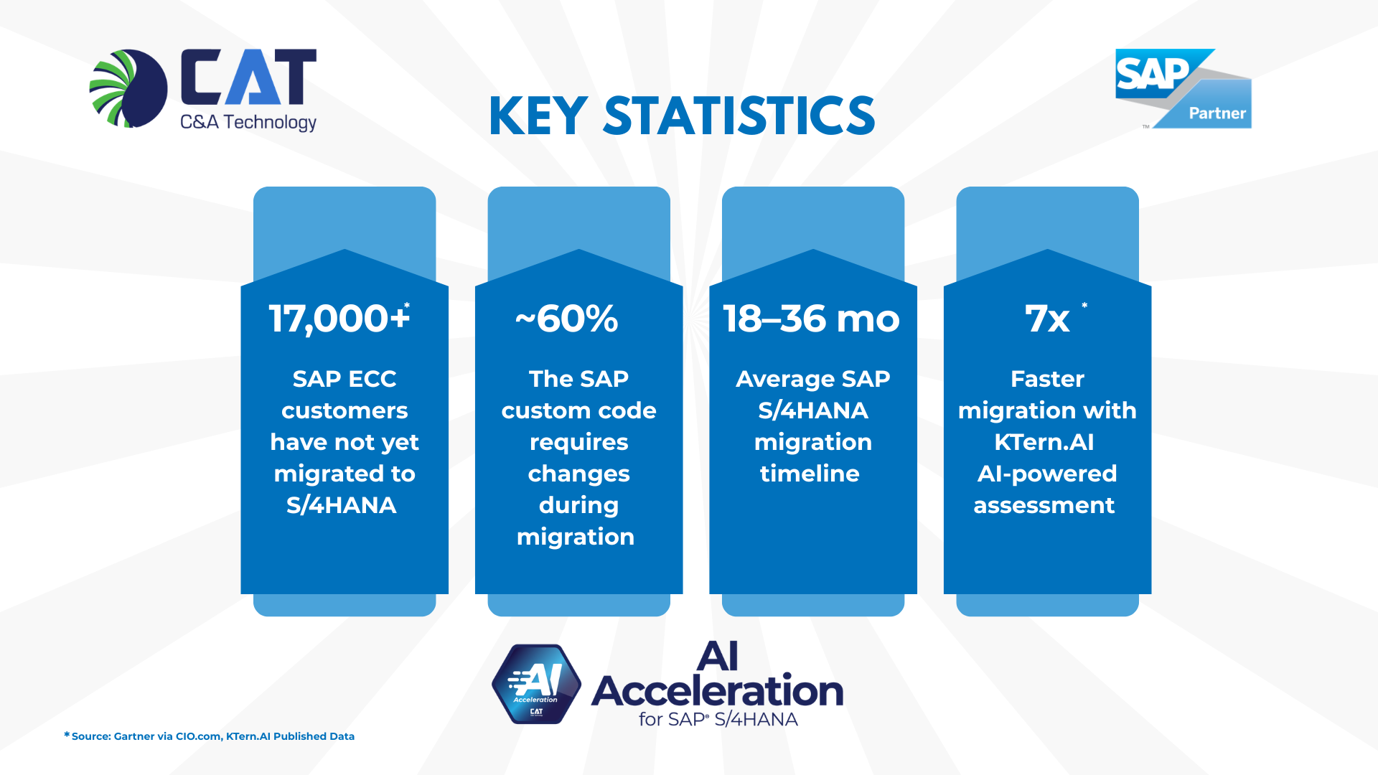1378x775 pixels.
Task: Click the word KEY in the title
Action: click(x=538, y=116)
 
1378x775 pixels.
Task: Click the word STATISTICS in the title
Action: click(x=739, y=116)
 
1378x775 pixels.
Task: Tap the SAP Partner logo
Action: click(x=1183, y=89)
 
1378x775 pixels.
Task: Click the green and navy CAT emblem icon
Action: click(x=129, y=88)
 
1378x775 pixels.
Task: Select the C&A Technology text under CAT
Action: click(x=248, y=122)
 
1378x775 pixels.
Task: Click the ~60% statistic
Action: click(x=566, y=319)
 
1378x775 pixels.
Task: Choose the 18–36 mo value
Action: click(x=811, y=319)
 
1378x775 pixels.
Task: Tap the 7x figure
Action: click(x=1046, y=319)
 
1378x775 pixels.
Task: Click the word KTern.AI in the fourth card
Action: click(x=1044, y=442)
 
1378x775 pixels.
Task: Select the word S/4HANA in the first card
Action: click(x=341, y=505)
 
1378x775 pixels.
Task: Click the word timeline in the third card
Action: click(x=810, y=474)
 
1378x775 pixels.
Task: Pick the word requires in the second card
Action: click(x=578, y=442)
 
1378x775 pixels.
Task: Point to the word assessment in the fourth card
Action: click(x=1044, y=505)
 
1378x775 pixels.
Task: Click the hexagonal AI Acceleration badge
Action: click(x=536, y=684)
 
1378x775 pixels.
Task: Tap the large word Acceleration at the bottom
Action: click(x=717, y=691)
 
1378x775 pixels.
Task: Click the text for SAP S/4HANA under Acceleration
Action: click(x=718, y=719)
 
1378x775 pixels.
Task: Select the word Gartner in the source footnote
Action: click(x=133, y=736)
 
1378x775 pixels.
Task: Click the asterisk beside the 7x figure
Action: click(x=1084, y=306)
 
